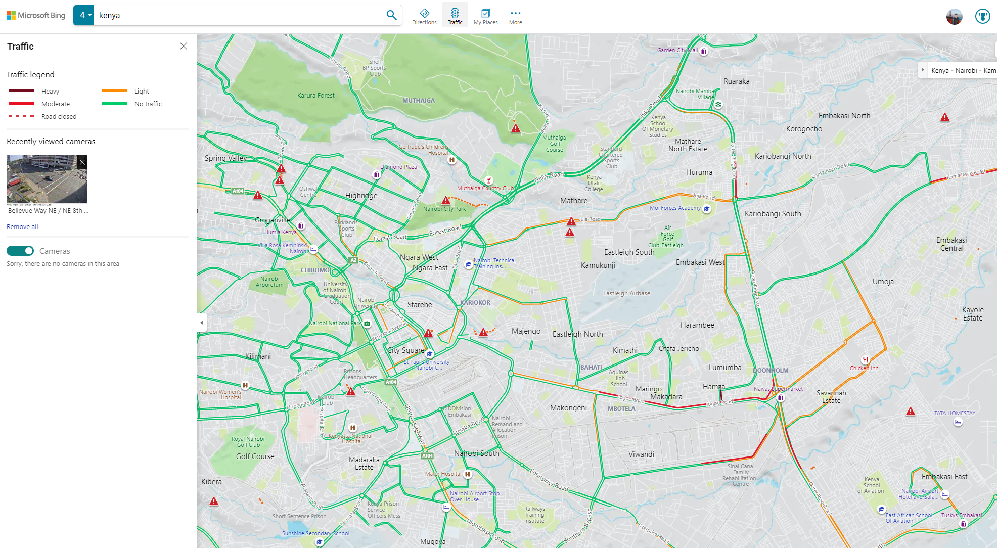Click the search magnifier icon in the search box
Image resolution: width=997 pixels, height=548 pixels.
(x=391, y=15)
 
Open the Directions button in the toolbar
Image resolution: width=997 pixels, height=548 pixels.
(x=424, y=16)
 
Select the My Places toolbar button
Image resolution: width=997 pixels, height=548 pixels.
(x=485, y=16)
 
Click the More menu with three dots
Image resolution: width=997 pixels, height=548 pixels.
(x=515, y=16)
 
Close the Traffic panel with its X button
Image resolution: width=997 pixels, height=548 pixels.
(x=184, y=46)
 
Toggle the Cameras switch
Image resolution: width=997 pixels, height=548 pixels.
(x=20, y=251)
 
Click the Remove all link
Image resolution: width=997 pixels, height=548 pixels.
(x=22, y=226)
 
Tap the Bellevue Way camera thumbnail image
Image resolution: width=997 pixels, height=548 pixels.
(x=47, y=179)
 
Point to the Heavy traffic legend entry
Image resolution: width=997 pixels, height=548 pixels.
(x=50, y=91)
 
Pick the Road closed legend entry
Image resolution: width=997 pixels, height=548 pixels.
(x=59, y=116)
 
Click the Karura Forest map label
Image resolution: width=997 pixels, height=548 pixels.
(x=315, y=95)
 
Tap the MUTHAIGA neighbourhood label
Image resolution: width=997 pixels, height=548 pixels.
(x=418, y=100)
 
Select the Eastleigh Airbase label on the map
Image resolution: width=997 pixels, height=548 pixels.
(x=626, y=293)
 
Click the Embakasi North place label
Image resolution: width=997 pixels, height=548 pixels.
(x=844, y=116)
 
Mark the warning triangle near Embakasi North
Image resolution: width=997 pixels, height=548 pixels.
(x=944, y=118)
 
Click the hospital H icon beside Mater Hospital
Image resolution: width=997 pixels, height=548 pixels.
(x=468, y=474)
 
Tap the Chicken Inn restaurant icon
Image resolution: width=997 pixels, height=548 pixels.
(x=866, y=360)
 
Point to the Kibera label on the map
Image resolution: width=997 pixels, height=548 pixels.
(x=211, y=482)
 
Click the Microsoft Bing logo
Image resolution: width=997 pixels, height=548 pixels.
(x=36, y=15)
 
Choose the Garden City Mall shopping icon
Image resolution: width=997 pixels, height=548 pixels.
(x=704, y=51)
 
